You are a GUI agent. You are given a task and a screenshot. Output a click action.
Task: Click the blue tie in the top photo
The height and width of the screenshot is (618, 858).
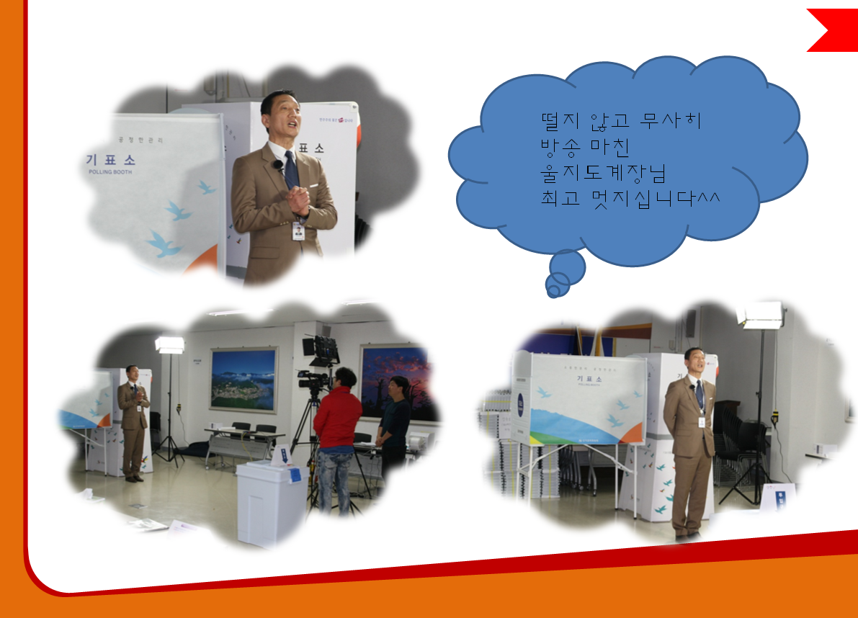coord(292,173)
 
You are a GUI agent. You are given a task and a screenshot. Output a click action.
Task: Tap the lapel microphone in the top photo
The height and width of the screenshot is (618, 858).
coord(278,166)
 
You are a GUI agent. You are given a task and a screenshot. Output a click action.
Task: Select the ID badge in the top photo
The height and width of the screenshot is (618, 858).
coord(298,231)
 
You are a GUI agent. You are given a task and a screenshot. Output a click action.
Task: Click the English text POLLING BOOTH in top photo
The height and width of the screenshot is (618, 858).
coord(110,173)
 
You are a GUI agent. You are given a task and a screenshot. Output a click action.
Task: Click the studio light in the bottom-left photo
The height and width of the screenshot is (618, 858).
coord(170,344)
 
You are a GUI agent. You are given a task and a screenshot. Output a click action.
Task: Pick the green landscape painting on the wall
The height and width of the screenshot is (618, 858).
coord(243,380)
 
